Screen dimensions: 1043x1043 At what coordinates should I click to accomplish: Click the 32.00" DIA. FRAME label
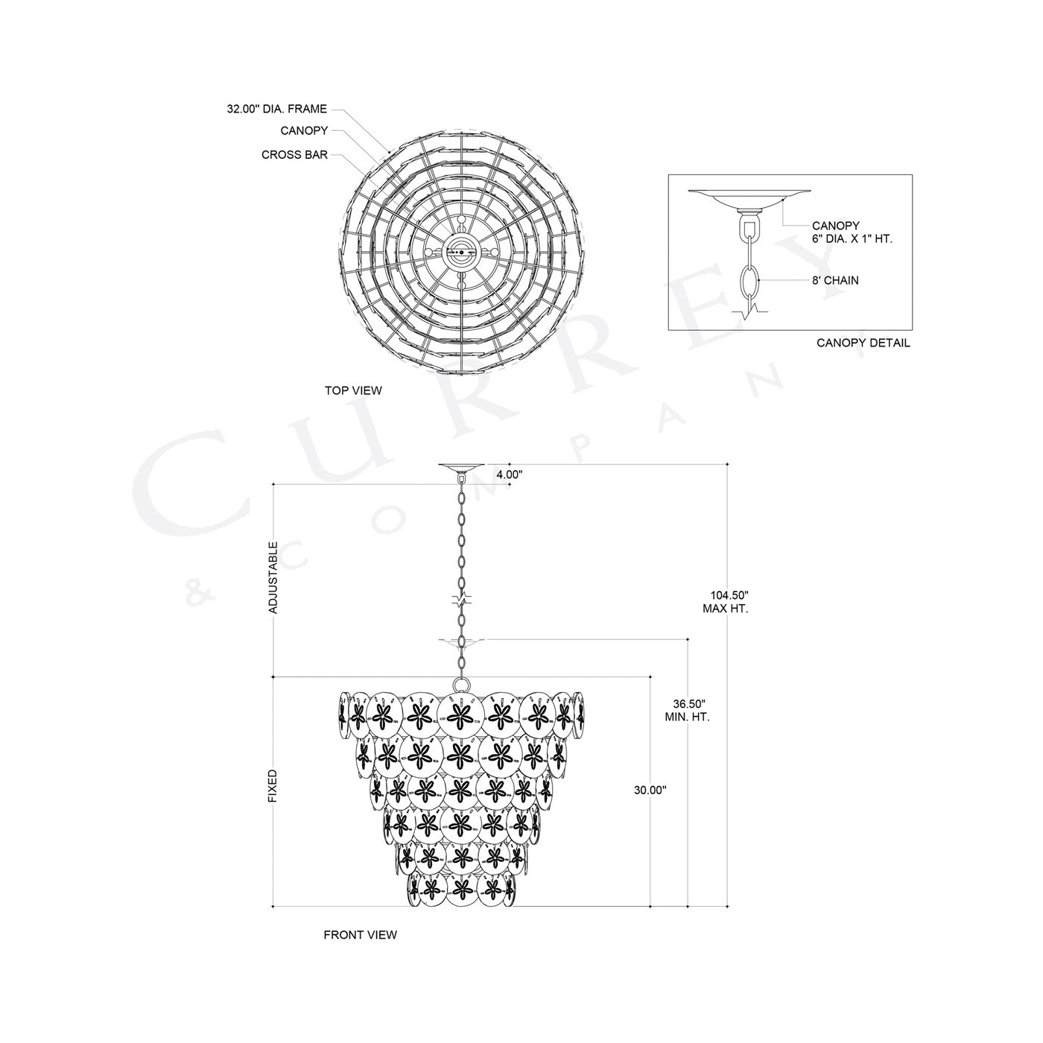tap(276, 109)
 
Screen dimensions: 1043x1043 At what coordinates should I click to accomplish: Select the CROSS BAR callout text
tap(294, 155)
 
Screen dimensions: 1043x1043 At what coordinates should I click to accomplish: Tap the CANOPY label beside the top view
tap(304, 130)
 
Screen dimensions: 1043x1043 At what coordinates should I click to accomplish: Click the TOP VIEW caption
tap(352, 390)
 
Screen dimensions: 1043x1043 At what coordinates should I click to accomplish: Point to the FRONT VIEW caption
tap(360, 934)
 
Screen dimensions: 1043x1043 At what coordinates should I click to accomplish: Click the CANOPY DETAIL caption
tap(863, 343)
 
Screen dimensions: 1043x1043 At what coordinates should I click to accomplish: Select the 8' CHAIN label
tap(835, 281)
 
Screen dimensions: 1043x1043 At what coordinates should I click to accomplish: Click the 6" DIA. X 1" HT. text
tap(852, 239)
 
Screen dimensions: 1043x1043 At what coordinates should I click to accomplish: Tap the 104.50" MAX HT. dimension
tap(725, 601)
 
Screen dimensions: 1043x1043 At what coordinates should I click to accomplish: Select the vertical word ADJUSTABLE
tap(273, 577)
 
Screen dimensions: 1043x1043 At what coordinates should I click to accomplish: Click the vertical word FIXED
tap(273, 786)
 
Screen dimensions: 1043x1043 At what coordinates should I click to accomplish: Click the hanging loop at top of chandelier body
tap(460, 684)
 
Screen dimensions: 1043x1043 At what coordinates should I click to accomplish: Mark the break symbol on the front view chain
tap(461, 600)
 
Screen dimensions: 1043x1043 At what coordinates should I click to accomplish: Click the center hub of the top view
tap(460, 253)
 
